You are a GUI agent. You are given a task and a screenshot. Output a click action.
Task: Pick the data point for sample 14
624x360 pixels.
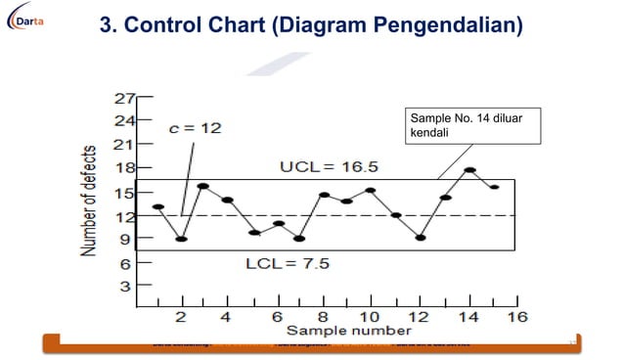[469, 170]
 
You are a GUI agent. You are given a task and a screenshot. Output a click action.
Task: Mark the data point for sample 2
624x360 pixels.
[181, 239]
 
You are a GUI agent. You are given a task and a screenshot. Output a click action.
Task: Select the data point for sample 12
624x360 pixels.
[421, 238]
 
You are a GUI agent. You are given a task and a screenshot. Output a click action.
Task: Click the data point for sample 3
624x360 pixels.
[203, 186]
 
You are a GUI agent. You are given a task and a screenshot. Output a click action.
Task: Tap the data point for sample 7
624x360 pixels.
[300, 239]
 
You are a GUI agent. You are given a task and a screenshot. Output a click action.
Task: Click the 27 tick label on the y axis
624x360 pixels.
[124, 98]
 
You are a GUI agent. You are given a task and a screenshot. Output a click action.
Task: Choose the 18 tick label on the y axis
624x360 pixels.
[124, 168]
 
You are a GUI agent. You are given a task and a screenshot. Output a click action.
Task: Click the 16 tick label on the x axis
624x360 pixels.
[515, 318]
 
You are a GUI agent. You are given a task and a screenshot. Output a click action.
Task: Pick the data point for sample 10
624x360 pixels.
[371, 191]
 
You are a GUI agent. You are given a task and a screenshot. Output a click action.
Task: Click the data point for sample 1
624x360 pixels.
[158, 207]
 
